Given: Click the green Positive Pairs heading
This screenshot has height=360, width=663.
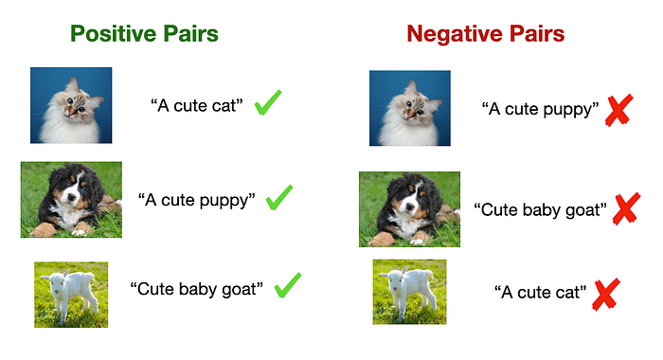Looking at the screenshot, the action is pos(144,33).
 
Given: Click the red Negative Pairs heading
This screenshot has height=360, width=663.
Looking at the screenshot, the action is pos(485,33).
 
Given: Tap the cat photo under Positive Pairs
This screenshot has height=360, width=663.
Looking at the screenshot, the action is pos(71,105).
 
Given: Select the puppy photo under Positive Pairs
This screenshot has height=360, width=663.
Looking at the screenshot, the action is pos(71,200).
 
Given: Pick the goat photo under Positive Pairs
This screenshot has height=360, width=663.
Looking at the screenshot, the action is pos(71,295).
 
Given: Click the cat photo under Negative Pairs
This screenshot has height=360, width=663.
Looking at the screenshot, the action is pos(410,108).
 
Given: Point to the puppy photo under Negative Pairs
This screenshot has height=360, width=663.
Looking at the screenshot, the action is pos(409,209).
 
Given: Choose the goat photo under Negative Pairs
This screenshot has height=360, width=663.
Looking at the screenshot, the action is pos(409,292).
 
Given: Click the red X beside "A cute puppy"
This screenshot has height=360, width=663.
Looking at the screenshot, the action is pos(619,110).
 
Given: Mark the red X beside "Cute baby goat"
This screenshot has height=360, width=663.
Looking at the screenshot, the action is pos(626,209).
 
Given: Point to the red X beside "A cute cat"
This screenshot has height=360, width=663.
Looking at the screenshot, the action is pos(606,295).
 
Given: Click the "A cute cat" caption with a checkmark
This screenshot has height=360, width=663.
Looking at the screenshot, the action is pos(197,106).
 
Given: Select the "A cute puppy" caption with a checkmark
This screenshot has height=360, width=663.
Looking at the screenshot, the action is pos(197,200).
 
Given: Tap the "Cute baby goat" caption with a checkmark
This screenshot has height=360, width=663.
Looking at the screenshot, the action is pos(197,289).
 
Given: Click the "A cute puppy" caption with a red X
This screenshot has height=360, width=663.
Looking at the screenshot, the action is pos(541,109).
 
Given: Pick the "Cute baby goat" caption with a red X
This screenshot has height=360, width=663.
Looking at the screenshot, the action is pos(541,209).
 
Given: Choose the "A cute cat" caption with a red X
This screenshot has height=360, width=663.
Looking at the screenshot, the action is pos(541,293).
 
